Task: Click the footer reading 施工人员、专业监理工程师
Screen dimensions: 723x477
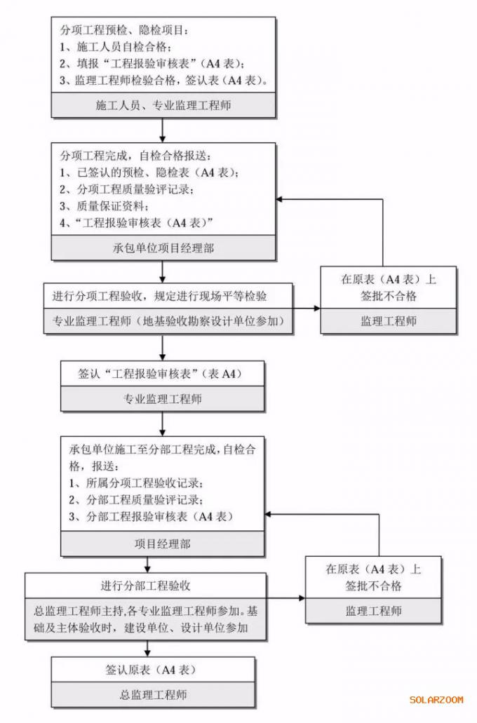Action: pyautogui.click(x=162, y=106)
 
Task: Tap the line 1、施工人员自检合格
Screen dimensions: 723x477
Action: pyautogui.click(x=116, y=48)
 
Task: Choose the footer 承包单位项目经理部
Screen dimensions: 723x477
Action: pyautogui.click(x=163, y=248)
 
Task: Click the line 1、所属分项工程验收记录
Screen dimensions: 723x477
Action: pyautogui.click(x=136, y=484)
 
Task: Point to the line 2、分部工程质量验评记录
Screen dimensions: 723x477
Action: pyautogui.click(x=136, y=500)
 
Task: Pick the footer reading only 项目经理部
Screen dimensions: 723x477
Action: pyautogui.click(x=162, y=543)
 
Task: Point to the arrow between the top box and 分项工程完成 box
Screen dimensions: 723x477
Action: pyautogui.click(x=162, y=130)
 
